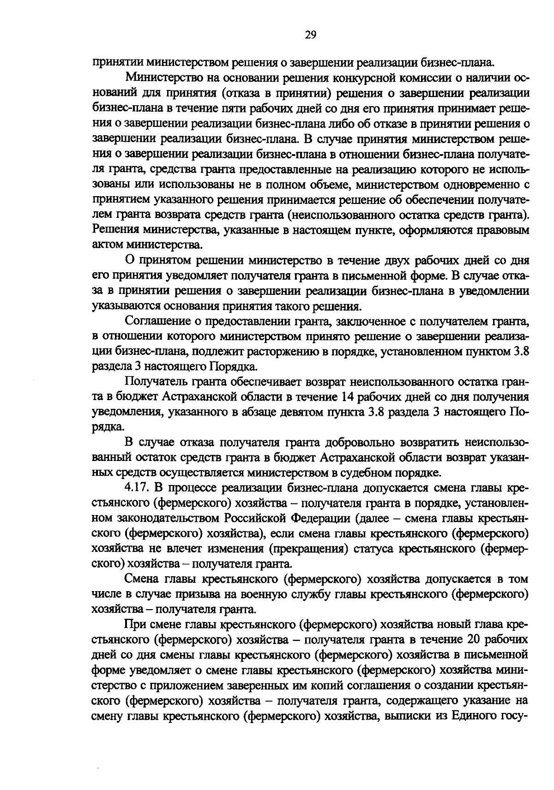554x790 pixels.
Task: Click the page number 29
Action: (x=310, y=35)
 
